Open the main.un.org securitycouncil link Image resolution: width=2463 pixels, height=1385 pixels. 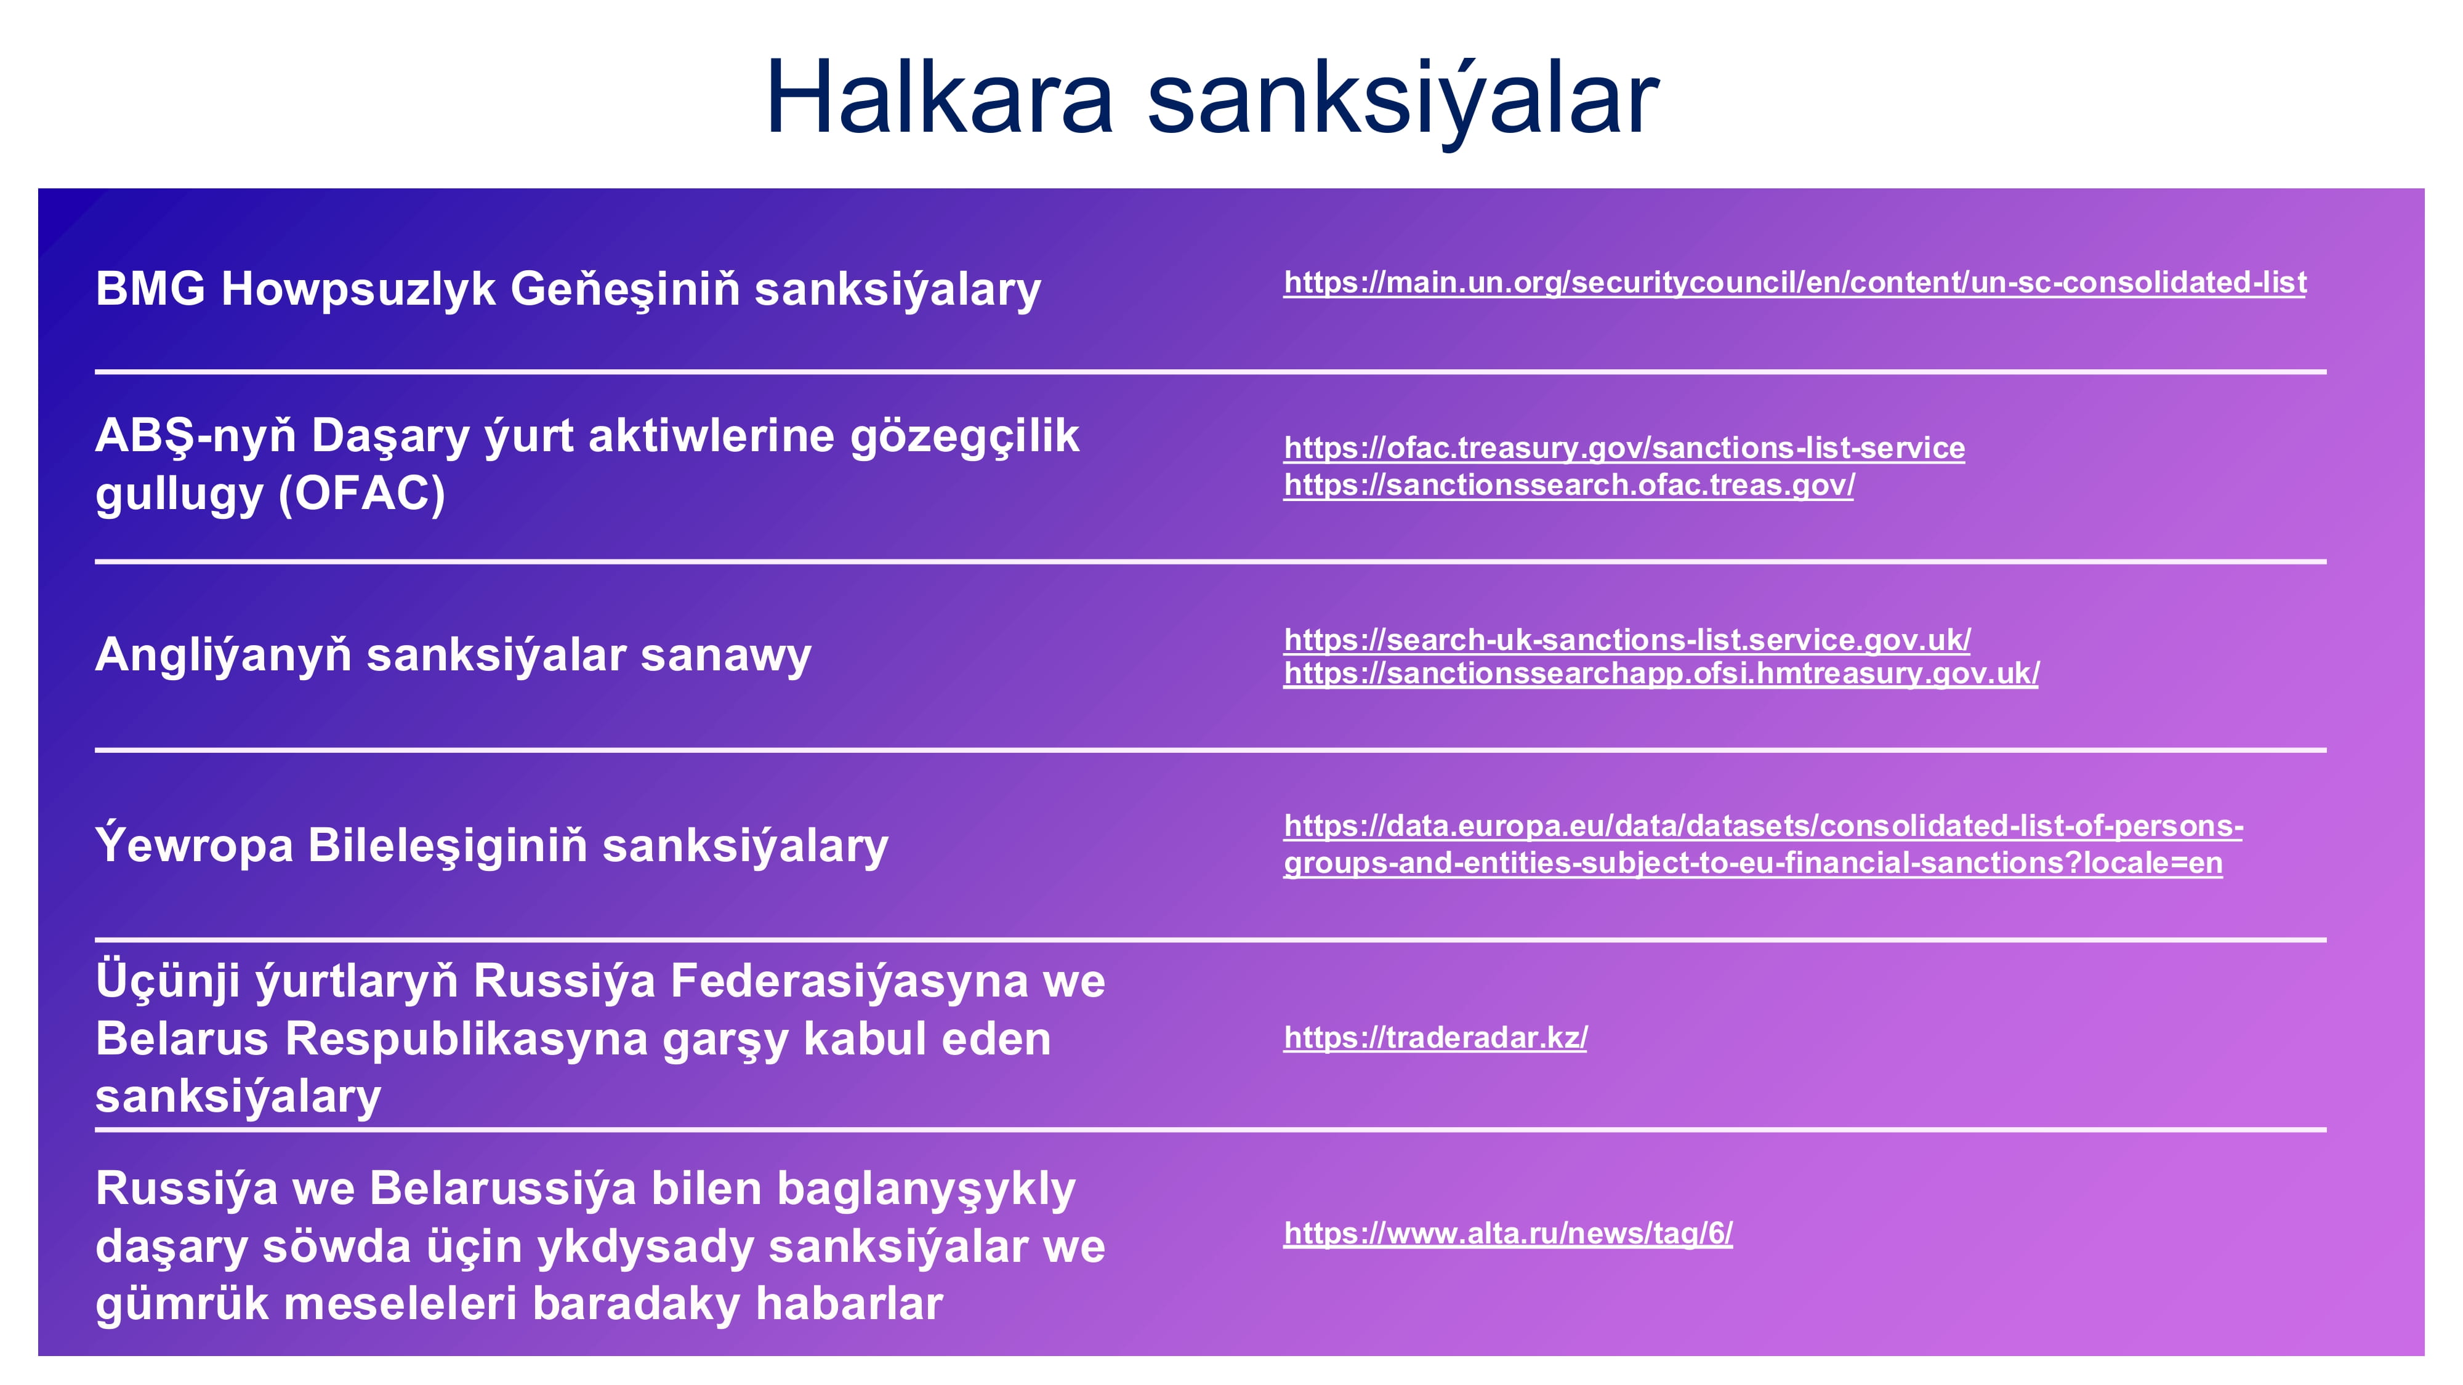(x=1795, y=283)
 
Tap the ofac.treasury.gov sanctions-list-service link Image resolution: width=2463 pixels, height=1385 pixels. (x=1624, y=448)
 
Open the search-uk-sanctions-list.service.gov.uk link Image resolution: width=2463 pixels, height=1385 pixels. (x=1626, y=640)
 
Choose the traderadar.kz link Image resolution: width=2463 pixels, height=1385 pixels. (x=1435, y=1037)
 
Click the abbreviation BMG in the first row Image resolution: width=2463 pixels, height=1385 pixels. (x=150, y=289)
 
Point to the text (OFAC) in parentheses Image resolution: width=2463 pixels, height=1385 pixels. (x=361, y=494)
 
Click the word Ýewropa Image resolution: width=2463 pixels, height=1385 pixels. (x=194, y=845)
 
